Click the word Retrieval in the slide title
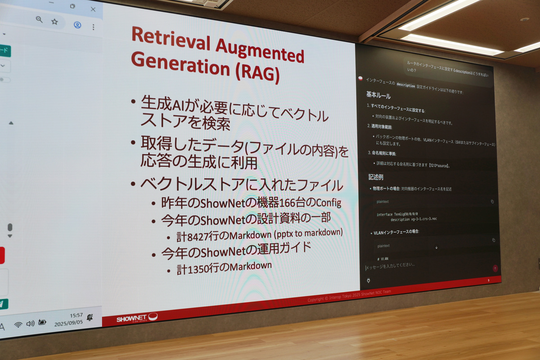coord(170,37)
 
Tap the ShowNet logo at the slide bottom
coord(137,318)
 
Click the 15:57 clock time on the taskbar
coord(76,315)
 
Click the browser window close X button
coord(93,9)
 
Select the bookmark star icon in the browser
coord(54,21)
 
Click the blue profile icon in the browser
coord(77,25)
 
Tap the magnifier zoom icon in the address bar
coord(39,19)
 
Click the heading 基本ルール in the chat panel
coord(378,96)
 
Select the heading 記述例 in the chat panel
coord(376,177)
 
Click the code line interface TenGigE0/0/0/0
coord(399,214)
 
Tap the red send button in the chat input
coord(495,268)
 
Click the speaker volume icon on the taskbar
coord(30,323)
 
